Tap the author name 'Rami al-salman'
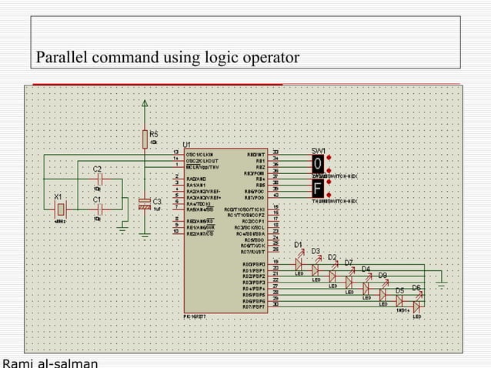point(50,363)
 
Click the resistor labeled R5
point(144,139)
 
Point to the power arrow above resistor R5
point(144,105)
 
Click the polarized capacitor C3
point(144,204)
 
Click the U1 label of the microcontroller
point(187,144)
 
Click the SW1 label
point(318,149)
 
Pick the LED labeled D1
point(299,263)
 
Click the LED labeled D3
point(316,269)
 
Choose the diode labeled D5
point(400,301)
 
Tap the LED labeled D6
point(417,306)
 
